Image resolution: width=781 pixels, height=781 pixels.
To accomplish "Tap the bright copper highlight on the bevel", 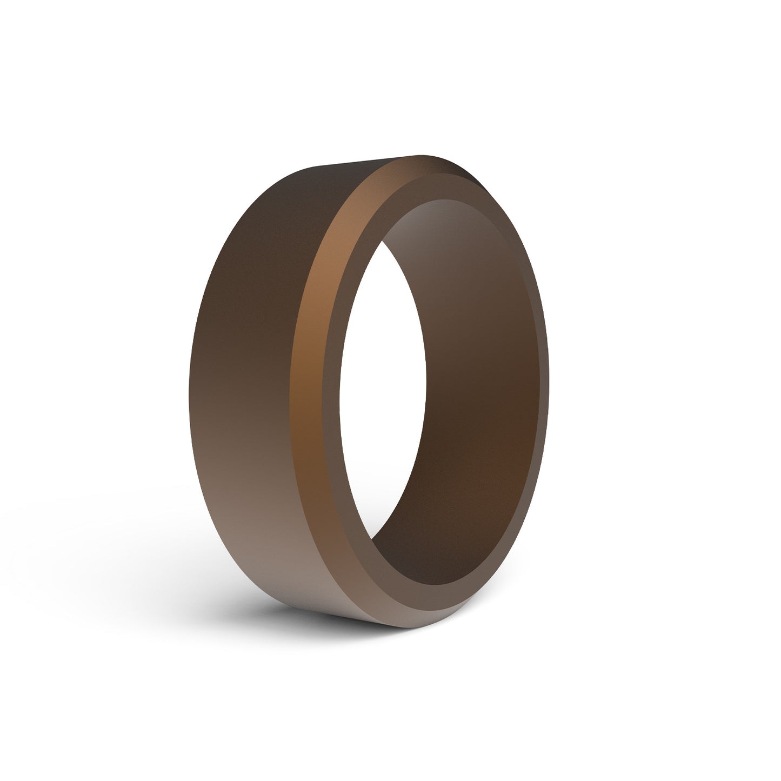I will pos(324,243).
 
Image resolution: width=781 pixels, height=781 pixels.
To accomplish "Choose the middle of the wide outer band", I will pos(243,378).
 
